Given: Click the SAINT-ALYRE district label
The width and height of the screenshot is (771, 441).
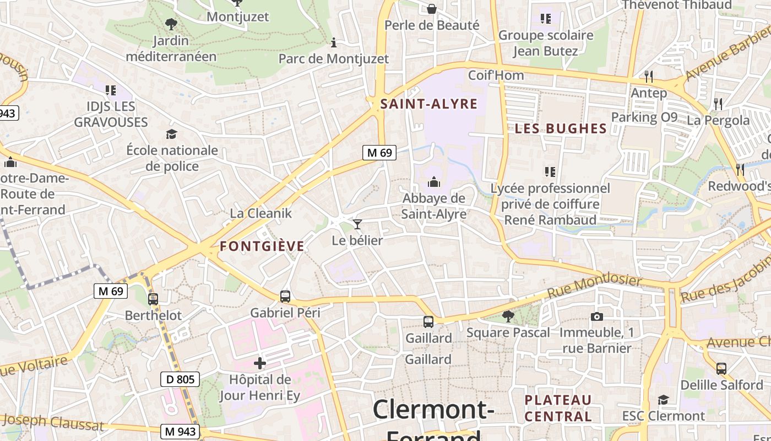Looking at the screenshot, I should pyautogui.click(x=428, y=104).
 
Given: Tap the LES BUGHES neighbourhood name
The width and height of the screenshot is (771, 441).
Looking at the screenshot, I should pyautogui.click(x=561, y=128).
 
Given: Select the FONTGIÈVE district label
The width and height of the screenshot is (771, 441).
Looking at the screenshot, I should pyautogui.click(x=262, y=246).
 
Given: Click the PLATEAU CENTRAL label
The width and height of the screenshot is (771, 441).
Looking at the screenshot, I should pyautogui.click(x=558, y=408).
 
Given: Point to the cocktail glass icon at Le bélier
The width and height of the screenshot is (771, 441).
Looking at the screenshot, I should pyautogui.click(x=357, y=224).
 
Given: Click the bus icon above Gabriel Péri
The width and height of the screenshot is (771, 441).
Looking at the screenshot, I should pyautogui.click(x=285, y=296).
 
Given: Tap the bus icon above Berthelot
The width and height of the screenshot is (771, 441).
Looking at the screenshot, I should pyautogui.click(x=153, y=299).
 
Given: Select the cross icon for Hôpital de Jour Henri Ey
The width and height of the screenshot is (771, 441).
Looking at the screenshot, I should pyautogui.click(x=260, y=363).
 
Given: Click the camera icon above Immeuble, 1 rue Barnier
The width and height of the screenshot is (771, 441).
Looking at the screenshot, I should pyautogui.click(x=596, y=316).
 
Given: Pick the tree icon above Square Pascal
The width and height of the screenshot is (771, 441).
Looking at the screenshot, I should pyautogui.click(x=508, y=316).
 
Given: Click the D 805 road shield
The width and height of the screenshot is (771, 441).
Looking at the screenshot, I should pyautogui.click(x=180, y=379).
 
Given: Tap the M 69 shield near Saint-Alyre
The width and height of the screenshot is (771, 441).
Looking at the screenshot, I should pyautogui.click(x=379, y=153).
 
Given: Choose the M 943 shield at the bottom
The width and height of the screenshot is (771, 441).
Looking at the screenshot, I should pyautogui.click(x=180, y=431).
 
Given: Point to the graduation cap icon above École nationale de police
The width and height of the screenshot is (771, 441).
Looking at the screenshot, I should pyautogui.click(x=171, y=134).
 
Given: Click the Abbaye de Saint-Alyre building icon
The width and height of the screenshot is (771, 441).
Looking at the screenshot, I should pyautogui.click(x=434, y=181).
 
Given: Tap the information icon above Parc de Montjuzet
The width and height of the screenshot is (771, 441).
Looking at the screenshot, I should pyautogui.click(x=333, y=42).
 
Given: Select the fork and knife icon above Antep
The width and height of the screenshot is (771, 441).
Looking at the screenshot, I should pyautogui.click(x=649, y=76).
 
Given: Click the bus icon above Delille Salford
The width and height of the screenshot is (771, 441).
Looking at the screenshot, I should pyautogui.click(x=721, y=368).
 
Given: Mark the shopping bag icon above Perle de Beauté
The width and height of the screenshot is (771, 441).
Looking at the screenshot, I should pyautogui.click(x=432, y=9).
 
